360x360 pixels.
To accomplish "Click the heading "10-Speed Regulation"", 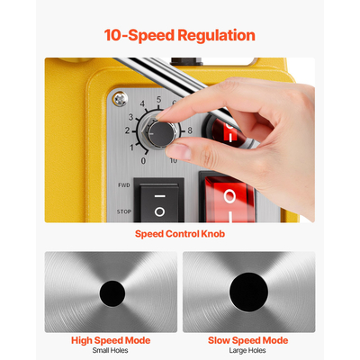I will point(179,35).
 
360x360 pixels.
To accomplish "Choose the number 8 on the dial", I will point(189,130).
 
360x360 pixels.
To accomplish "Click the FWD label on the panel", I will point(123,184).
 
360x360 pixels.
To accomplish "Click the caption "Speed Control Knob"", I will point(180,233).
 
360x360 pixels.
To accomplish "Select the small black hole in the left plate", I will point(112,292).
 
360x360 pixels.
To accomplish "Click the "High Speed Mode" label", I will point(111,340).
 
